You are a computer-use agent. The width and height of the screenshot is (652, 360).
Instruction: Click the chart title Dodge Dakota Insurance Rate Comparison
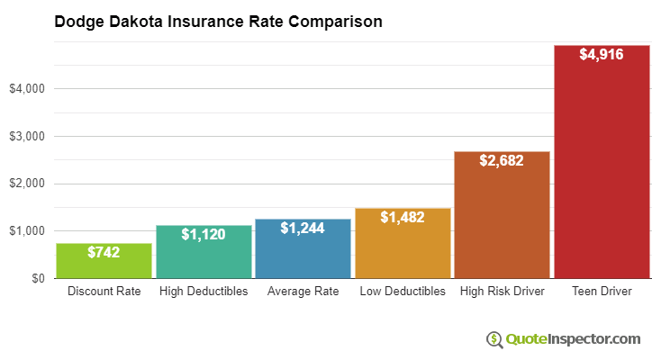[x=218, y=21]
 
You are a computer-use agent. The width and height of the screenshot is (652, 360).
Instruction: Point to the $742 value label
[x=104, y=253]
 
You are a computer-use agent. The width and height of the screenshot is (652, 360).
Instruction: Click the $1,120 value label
[x=204, y=234]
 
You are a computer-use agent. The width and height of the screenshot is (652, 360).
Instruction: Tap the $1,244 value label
[x=303, y=229]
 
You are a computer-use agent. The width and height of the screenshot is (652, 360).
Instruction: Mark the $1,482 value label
[x=403, y=218]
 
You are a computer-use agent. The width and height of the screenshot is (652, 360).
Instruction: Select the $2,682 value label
[x=502, y=161]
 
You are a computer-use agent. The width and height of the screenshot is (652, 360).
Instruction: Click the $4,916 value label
[x=602, y=55]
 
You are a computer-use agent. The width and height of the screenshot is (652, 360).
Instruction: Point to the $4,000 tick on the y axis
[x=26, y=89]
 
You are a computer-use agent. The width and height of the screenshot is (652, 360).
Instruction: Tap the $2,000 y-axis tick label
[x=26, y=184]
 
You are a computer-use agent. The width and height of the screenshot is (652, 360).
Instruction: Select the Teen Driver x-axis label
[x=602, y=292]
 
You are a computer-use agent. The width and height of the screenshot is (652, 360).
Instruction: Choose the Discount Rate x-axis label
[x=104, y=292]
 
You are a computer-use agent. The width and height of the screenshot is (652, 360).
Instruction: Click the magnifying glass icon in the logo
[x=494, y=339]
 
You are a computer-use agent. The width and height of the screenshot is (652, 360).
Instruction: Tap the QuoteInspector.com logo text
[x=573, y=339]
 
